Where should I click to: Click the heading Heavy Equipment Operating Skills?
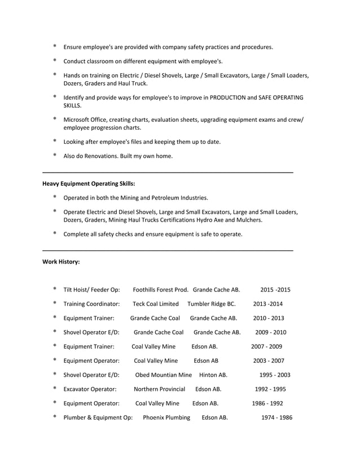[89, 183]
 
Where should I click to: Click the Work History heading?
[61, 262]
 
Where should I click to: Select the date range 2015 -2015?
[275, 290]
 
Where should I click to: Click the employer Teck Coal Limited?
[156, 304]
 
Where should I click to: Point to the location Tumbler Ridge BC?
[212, 304]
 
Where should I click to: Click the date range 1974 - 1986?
[276, 418]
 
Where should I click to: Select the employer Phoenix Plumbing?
[166, 418]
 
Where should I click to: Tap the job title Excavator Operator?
[90, 389]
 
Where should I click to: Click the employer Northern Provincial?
[159, 389]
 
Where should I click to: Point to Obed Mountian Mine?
[164, 375]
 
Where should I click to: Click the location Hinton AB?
[213, 375]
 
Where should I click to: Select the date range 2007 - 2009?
[266, 347]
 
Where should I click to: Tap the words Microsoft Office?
[84, 120]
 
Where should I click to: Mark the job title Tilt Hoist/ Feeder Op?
[91, 290]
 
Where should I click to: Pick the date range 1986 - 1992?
[267, 404]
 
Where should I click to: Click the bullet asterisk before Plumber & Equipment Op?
[55, 417]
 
